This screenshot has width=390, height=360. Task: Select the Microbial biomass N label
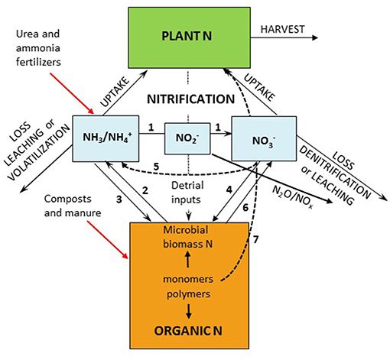190,238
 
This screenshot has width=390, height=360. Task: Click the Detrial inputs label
188,190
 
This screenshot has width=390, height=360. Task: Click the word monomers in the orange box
190,279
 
